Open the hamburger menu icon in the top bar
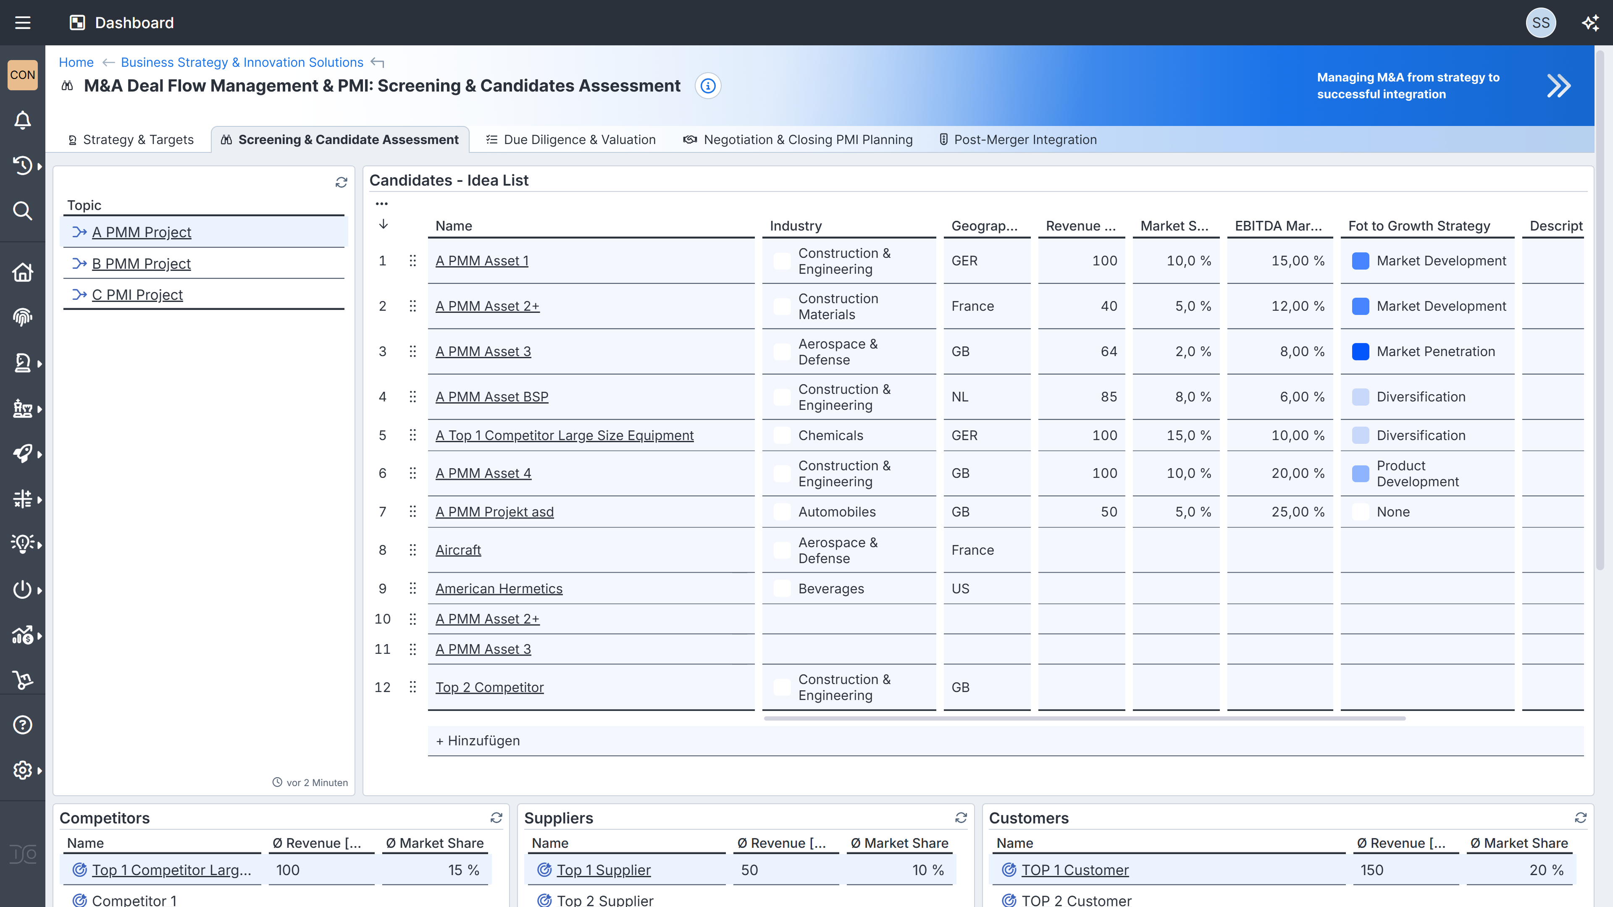point(23,23)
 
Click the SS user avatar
point(1540,23)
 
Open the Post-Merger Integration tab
point(1025,139)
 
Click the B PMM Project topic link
point(141,264)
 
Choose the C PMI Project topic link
point(137,295)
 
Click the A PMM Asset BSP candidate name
point(491,397)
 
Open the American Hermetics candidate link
point(499,588)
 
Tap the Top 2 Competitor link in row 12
point(489,687)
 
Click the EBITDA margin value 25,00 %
point(1298,512)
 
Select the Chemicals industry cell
point(830,436)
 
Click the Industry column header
point(795,226)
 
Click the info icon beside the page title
point(707,86)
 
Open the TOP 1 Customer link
point(1074,870)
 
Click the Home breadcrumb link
point(76,63)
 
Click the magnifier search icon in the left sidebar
point(23,211)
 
